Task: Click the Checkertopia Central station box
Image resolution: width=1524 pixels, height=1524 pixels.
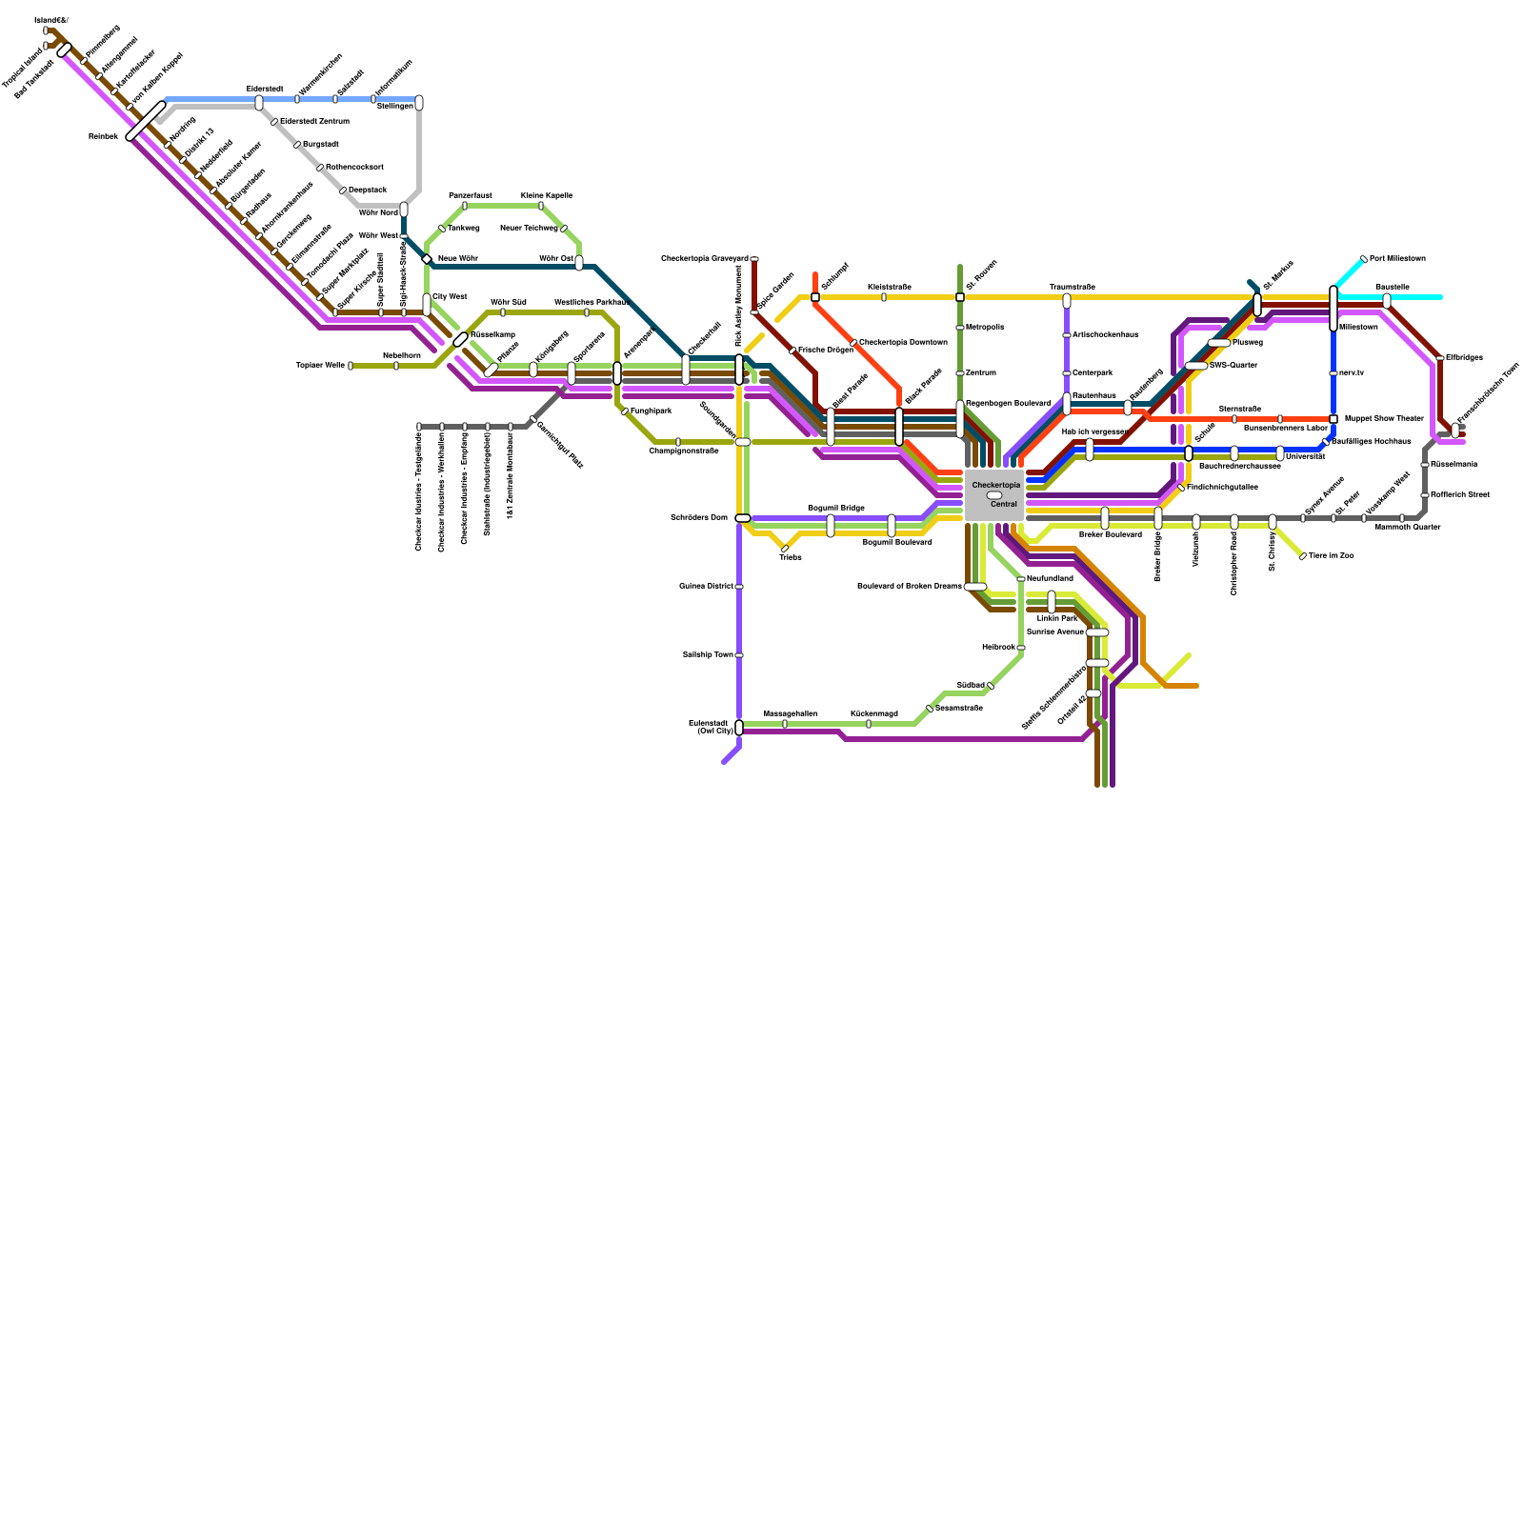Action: point(993,494)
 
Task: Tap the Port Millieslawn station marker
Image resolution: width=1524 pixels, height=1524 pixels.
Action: point(1363,259)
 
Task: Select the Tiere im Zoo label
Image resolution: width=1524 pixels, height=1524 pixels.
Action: point(1331,555)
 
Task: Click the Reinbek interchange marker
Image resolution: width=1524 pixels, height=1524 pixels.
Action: point(146,121)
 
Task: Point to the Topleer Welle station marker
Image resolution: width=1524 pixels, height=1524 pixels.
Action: point(351,366)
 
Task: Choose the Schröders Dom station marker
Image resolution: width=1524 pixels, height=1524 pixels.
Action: point(742,518)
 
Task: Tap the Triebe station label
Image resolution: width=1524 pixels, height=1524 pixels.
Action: point(790,557)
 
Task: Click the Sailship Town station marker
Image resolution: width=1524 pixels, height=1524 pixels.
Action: point(739,655)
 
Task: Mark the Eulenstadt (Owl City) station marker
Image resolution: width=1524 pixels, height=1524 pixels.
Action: point(739,728)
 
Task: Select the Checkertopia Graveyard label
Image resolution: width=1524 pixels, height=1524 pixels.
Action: point(704,259)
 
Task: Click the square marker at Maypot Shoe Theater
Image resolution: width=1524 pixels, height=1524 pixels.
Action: point(1333,419)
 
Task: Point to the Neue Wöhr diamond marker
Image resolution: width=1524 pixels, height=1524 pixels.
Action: point(427,259)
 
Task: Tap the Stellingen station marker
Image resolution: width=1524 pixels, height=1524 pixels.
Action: point(419,103)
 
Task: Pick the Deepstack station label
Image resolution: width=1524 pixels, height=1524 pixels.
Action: point(368,190)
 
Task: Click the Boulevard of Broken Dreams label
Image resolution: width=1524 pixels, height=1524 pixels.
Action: point(909,586)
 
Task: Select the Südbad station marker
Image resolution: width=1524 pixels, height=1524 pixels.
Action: point(991,686)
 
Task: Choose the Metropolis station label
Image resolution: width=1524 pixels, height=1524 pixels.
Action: point(984,328)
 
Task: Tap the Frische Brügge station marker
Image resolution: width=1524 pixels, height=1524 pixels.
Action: point(792,351)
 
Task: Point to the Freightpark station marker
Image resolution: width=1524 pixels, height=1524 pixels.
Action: point(625,411)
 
